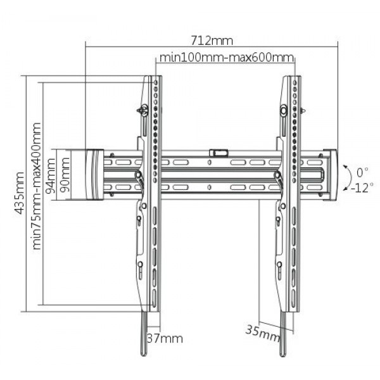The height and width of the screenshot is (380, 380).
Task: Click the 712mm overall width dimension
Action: [212, 41]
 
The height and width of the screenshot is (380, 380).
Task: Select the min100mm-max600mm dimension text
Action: [226, 58]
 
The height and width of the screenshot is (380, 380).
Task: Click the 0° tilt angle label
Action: [362, 172]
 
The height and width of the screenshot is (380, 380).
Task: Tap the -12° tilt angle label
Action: [362, 188]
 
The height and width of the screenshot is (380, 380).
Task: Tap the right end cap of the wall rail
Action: [331, 174]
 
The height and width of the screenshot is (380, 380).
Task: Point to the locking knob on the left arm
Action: [144, 111]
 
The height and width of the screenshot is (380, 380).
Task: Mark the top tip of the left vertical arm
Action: [151, 78]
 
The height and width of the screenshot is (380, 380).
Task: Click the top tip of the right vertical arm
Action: [293, 78]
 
